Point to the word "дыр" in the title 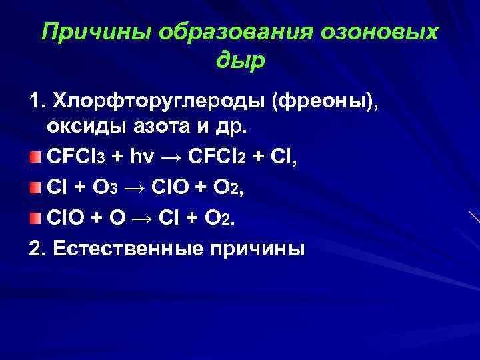pos(241,61)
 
